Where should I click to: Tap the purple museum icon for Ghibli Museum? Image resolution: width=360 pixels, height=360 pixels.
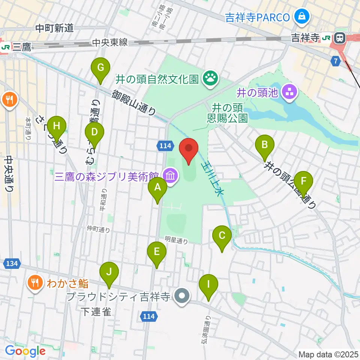tap(171, 175)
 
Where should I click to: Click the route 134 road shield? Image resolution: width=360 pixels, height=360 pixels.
tap(12, 264)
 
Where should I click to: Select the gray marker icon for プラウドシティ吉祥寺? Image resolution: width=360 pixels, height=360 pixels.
tap(182, 296)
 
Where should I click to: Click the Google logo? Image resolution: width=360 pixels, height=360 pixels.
tap(25, 351)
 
